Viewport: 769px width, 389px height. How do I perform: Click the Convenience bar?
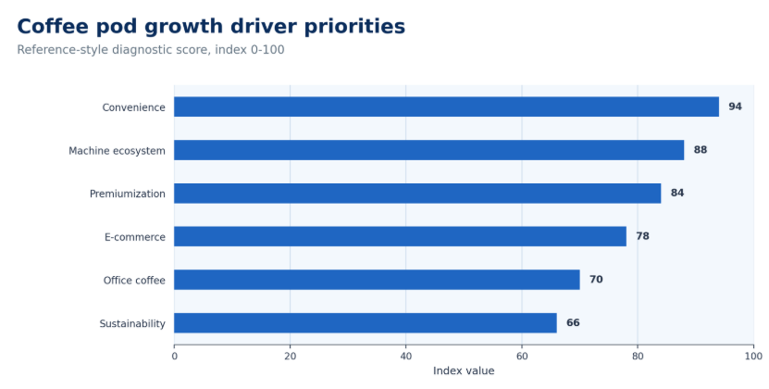(x=446, y=107)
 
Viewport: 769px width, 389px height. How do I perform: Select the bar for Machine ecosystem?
(x=429, y=150)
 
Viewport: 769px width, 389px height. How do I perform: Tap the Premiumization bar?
(x=417, y=193)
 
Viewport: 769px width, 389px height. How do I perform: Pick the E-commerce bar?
(x=400, y=236)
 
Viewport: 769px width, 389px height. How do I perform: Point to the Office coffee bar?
(x=377, y=280)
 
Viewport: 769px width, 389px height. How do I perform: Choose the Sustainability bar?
(x=366, y=322)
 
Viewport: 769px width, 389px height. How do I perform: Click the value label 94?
(x=735, y=107)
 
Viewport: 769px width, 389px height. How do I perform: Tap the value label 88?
(x=700, y=150)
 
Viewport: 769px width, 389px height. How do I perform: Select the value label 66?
(x=573, y=322)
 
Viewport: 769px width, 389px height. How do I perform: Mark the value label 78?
(x=642, y=236)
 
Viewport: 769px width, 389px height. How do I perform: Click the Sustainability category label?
(x=132, y=323)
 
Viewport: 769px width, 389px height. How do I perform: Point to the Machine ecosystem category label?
(x=117, y=151)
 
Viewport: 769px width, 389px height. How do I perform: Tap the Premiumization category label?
(x=128, y=194)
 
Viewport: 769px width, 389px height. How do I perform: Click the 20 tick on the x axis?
(x=290, y=356)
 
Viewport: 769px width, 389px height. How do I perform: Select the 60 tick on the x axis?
(x=522, y=356)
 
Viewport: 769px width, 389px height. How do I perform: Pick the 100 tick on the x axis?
(x=753, y=356)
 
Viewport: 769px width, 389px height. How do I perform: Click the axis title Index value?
(x=464, y=370)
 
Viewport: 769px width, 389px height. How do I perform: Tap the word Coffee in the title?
(x=53, y=27)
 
